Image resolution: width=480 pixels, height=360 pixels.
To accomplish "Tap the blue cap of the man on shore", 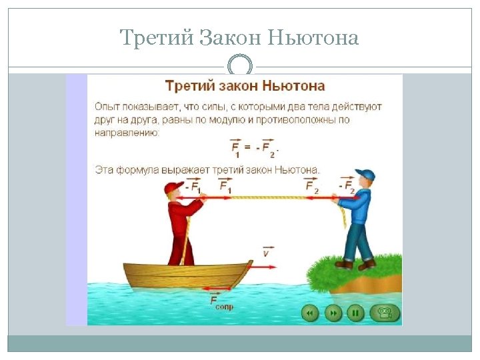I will click(365, 175).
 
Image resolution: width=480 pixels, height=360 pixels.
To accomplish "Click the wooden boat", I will click(187, 275).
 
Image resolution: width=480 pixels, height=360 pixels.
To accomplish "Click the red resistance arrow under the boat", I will click(220, 289).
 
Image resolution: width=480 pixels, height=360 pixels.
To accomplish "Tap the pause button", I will click(356, 312).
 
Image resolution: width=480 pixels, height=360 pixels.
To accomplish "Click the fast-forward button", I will click(333, 312).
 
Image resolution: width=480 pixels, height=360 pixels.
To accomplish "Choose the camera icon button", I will click(385, 312).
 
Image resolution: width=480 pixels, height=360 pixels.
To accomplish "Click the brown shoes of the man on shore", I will click(354, 265).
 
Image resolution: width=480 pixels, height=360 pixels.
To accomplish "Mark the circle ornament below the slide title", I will click(240, 67).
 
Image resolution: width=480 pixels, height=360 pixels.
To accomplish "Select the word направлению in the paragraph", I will click(127, 133).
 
